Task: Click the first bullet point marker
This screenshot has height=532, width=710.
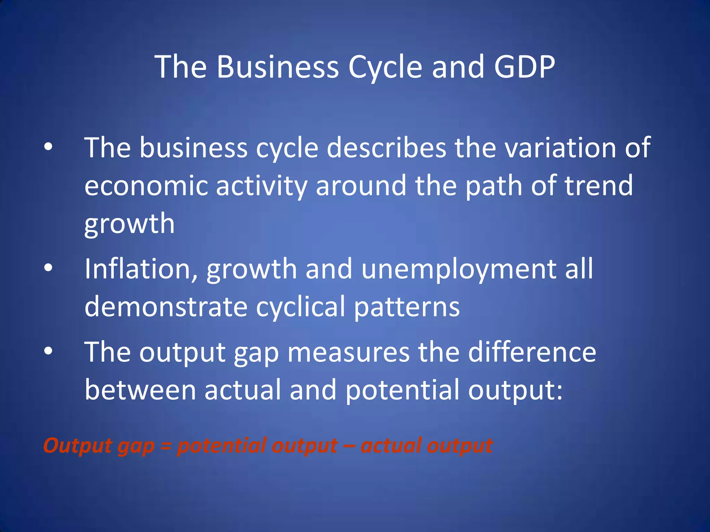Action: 48,147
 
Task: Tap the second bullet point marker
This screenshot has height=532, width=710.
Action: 48,268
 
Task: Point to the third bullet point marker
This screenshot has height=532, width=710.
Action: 48,351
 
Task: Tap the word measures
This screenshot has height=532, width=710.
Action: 348,352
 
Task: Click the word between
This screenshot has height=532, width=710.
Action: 140,390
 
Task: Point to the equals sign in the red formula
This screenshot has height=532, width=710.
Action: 166,446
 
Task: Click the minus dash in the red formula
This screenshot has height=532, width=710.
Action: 349,446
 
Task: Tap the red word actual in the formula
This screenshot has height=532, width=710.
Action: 390,445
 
